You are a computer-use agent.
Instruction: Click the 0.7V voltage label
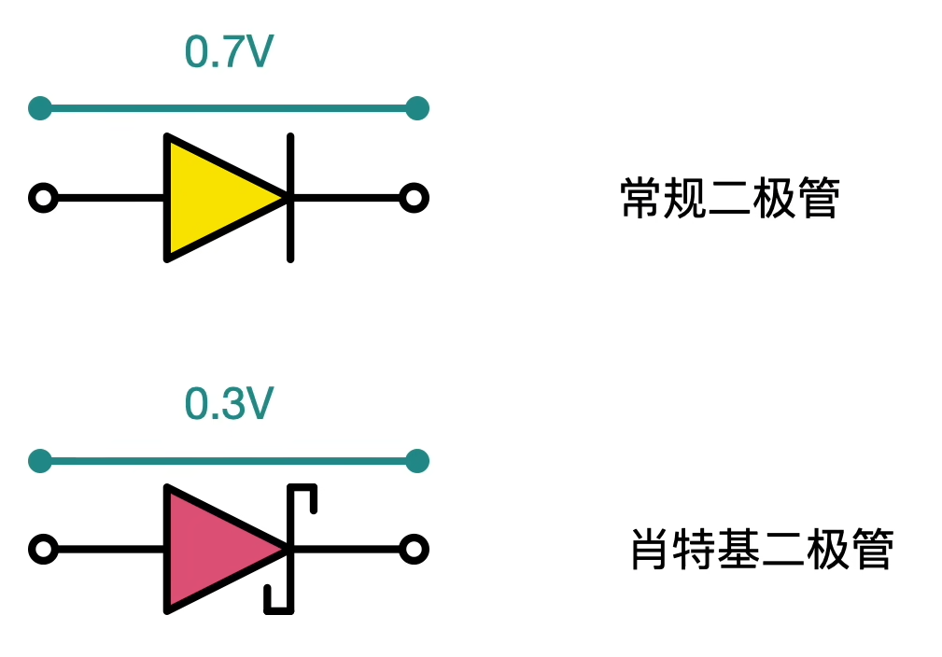(229, 52)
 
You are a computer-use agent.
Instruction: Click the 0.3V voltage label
(229, 403)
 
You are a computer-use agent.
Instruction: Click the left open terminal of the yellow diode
(43, 198)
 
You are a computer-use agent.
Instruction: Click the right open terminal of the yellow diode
(414, 198)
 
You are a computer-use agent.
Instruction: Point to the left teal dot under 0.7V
(40, 108)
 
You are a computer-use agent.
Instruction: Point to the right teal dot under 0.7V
(417, 108)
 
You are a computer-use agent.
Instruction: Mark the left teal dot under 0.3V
(40, 460)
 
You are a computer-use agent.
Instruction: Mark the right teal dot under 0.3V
(417, 460)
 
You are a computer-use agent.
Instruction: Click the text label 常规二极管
(730, 199)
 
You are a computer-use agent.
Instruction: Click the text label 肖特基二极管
(763, 550)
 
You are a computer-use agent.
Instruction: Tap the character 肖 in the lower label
(652, 550)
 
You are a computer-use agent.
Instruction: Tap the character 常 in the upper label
(641, 199)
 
